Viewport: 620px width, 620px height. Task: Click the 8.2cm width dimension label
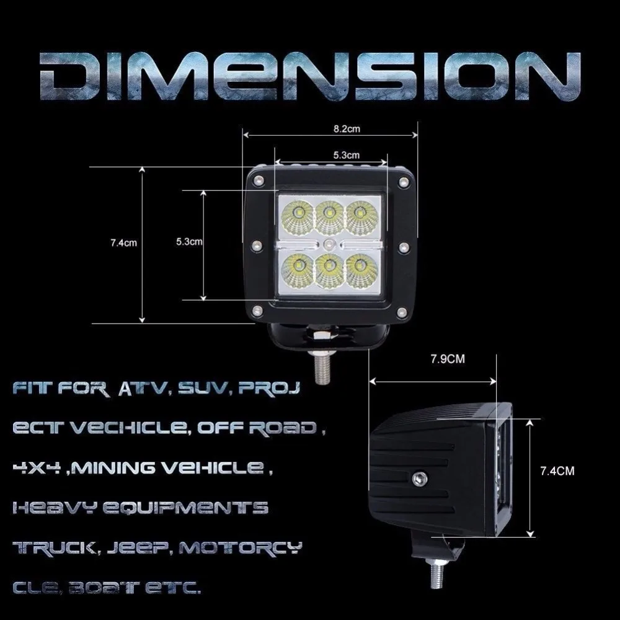(347, 129)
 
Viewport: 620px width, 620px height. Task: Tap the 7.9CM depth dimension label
(448, 359)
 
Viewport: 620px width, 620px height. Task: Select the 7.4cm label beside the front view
(124, 243)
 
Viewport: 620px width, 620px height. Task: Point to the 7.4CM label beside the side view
(557, 471)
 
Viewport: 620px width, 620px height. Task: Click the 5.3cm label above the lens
(347, 155)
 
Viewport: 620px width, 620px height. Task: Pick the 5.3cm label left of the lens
(189, 242)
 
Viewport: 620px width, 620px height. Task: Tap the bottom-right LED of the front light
(361, 270)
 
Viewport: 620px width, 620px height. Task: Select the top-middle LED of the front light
(329, 215)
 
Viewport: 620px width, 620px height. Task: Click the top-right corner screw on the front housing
(404, 182)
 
